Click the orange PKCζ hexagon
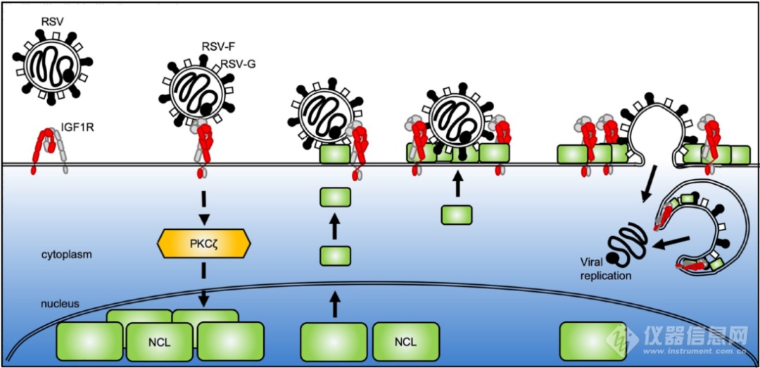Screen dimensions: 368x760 point(204,243)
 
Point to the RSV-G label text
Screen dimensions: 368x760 point(239,63)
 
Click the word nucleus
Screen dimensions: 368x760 point(59,304)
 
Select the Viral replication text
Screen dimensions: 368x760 point(606,270)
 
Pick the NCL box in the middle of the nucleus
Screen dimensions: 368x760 point(405,341)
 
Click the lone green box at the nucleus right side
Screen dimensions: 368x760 point(593,341)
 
